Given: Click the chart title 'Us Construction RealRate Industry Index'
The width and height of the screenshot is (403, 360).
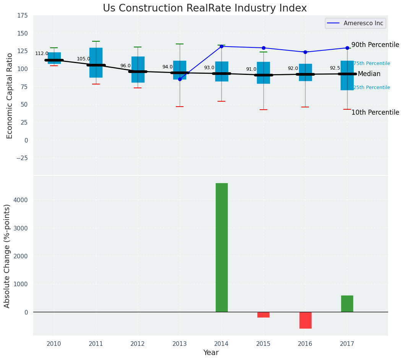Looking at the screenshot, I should click(x=205, y=8).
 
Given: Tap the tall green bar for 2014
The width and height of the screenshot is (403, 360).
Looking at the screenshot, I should click(x=221, y=247).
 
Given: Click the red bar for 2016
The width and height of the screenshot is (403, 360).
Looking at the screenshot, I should click(x=305, y=320).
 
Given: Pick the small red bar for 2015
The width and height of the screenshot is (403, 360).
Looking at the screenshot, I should click(x=263, y=315).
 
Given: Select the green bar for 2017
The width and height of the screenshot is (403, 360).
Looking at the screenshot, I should click(x=347, y=303).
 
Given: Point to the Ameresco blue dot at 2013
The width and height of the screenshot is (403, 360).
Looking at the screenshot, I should click(x=180, y=79).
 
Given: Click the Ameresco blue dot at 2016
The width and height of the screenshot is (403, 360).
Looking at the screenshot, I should click(x=305, y=52).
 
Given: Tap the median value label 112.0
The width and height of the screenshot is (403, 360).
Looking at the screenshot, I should click(x=42, y=54).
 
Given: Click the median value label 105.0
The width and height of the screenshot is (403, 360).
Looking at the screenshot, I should click(x=83, y=59).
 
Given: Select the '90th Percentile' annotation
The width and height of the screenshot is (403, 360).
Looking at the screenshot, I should click(x=375, y=45).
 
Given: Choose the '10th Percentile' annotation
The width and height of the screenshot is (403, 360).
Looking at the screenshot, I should click(x=375, y=112).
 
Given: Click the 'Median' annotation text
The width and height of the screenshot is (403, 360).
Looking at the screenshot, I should click(x=369, y=74).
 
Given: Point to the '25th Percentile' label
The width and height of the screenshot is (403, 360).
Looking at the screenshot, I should click(x=371, y=88).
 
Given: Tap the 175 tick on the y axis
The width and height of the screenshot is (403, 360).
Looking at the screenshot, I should click(x=22, y=16).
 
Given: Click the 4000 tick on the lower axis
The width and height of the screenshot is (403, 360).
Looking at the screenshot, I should click(x=21, y=200).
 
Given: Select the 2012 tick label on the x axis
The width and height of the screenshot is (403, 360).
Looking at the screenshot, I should click(x=138, y=344).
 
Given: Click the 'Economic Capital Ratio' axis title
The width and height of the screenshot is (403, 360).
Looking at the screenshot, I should click(x=10, y=96).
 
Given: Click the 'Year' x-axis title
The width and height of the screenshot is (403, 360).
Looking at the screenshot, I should click(x=211, y=353).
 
